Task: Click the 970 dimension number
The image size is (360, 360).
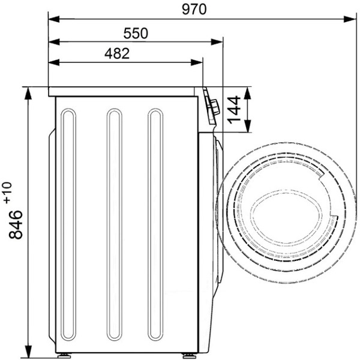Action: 194,10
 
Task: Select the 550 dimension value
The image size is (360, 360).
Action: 136,33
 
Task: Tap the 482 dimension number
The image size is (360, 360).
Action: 117,53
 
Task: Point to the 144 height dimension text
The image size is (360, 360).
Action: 234,110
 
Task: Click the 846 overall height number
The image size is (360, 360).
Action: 16,224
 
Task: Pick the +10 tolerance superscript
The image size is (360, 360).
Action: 7,193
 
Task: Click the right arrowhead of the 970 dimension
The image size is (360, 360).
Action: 350,19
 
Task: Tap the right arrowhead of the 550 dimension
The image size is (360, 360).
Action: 217,42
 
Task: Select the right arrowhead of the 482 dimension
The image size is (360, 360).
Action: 197,62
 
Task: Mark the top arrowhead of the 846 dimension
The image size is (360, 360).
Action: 28,93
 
